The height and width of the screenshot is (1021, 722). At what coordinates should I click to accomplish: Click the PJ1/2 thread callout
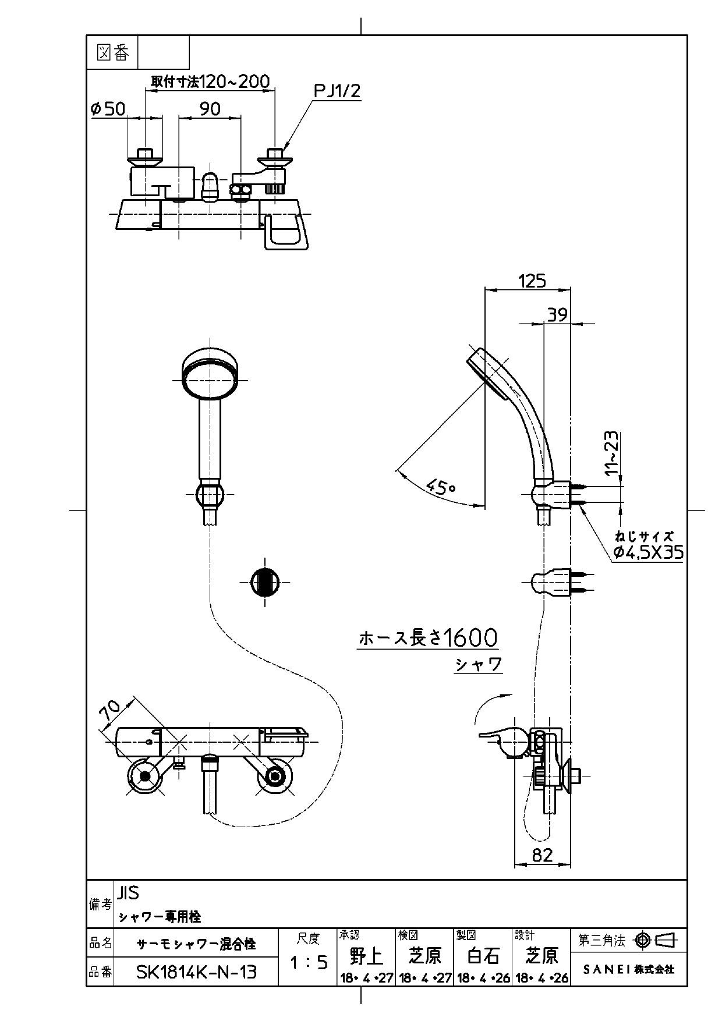click(337, 91)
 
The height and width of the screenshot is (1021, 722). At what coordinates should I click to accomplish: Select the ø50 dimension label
click(108, 109)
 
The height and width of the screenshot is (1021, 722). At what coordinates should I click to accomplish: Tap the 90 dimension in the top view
click(210, 109)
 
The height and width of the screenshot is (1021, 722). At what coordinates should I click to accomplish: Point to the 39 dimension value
click(557, 315)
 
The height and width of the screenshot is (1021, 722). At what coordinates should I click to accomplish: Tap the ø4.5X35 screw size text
click(647, 552)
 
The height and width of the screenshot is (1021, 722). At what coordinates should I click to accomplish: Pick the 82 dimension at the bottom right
click(542, 855)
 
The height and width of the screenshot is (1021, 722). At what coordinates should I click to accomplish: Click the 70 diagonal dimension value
click(110, 711)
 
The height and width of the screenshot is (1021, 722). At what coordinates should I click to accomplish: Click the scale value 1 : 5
click(308, 963)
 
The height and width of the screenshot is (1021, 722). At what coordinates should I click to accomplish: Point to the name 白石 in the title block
click(483, 955)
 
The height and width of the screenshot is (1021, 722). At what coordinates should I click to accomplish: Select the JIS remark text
click(128, 892)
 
